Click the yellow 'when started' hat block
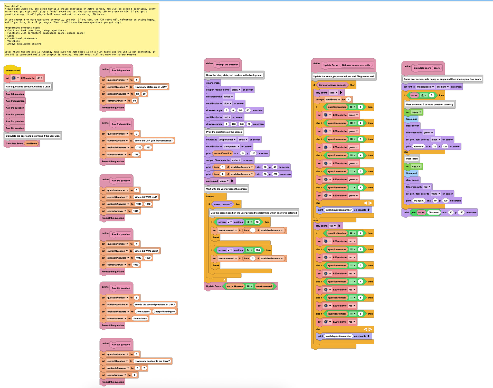[13, 70]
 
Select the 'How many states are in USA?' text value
[150, 87]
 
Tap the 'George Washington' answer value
[164, 312]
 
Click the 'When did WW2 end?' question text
[146, 197]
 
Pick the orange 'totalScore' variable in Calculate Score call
[31, 144]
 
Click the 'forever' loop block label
[210, 196]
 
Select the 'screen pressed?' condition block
[222, 204]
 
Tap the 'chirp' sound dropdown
[224, 181]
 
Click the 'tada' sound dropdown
[333, 93]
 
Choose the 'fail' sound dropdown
[333, 226]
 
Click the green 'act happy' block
[414, 112]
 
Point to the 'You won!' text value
[418, 147]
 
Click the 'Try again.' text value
[419, 201]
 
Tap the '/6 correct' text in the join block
[434, 213]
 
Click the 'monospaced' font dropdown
[425, 87]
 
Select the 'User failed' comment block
[412, 159]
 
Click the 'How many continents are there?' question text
[152, 361]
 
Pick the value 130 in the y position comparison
[258, 250]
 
